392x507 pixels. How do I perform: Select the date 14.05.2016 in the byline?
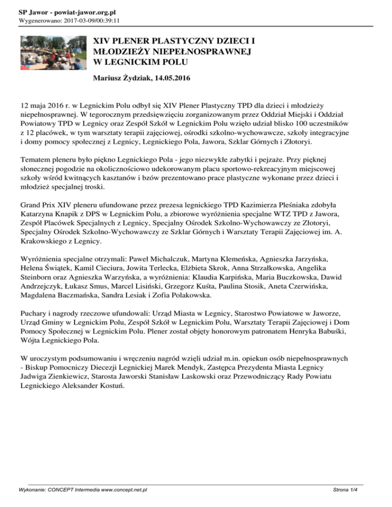click(x=170, y=79)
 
